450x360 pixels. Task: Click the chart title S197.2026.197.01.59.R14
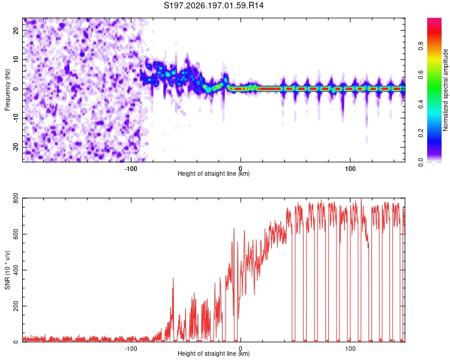tap(214, 5)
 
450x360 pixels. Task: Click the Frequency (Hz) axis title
tap(7, 90)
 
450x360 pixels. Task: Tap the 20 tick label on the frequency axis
tap(16, 31)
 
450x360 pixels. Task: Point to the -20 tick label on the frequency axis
tap(16, 147)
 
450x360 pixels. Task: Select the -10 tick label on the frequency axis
tap(16, 118)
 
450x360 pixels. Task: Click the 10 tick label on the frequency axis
tap(16, 59)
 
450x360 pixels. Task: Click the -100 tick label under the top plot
tap(131, 169)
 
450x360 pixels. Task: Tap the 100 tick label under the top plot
tap(350, 169)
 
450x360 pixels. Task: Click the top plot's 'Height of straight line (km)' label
tap(214, 173)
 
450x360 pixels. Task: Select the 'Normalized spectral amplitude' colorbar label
tap(445, 90)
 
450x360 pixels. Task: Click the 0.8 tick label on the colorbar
tap(421, 46)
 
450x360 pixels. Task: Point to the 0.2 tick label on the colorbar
tap(421, 133)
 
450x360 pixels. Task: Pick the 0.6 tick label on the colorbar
tap(421, 75)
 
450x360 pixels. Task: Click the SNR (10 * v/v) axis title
tap(7, 270)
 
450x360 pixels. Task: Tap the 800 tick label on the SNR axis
tap(16, 198)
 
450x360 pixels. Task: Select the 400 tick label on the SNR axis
tap(16, 270)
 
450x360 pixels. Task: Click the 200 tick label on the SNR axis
tap(16, 306)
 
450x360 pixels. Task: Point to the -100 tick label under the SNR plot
tap(131, 349)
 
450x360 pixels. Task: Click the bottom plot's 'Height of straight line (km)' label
tap(214, 353)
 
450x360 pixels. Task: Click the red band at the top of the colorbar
tap(434, 32)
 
